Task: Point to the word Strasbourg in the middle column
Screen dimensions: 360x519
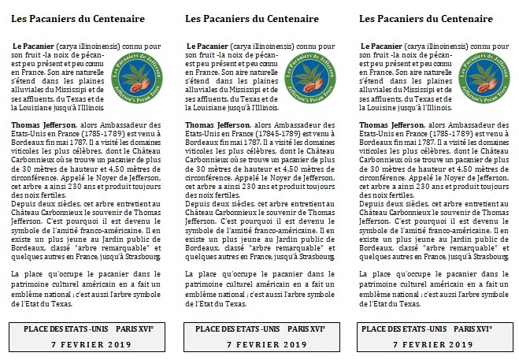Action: pyautogui.click(x=315, y=256)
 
